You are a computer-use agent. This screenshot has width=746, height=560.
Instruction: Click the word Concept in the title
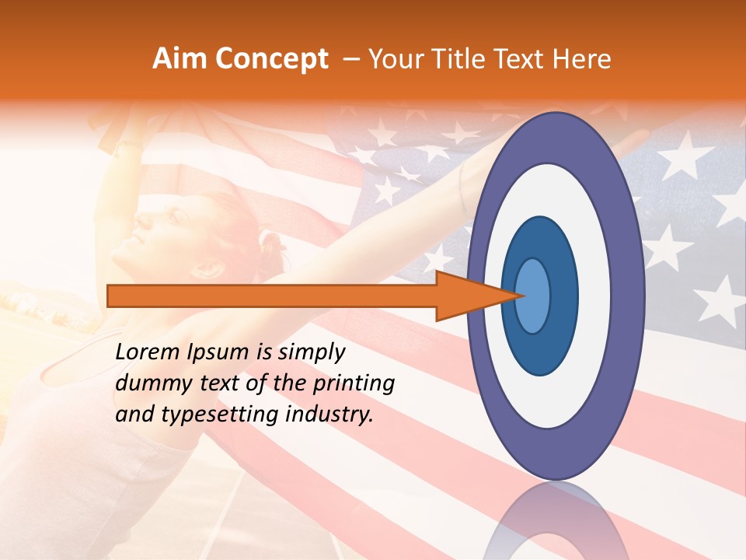[271, 59]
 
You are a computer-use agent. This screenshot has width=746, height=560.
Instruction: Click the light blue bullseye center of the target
[533, 296]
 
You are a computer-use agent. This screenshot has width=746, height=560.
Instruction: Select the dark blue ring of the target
[540, 350]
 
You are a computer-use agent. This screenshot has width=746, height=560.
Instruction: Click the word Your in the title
[393, 59]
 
